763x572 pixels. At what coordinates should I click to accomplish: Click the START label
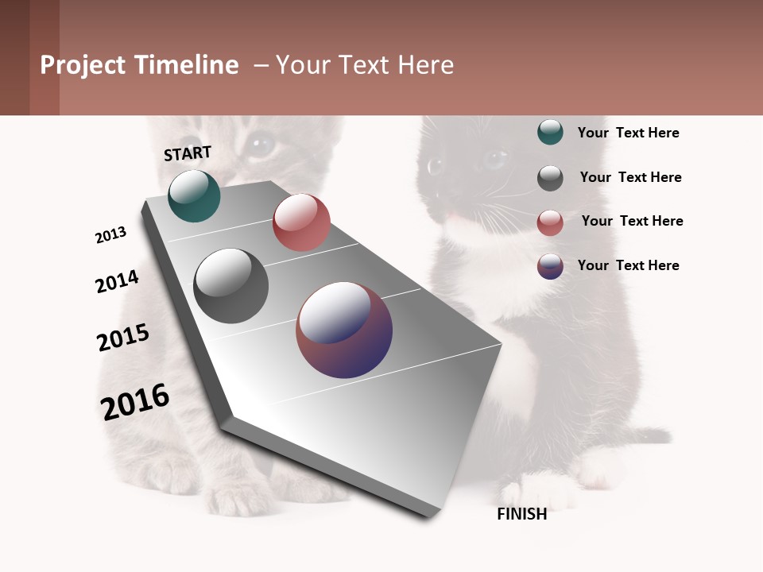188,153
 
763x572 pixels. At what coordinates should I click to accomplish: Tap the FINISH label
521,514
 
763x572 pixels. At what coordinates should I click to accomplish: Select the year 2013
110,235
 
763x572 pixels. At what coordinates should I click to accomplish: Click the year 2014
117,281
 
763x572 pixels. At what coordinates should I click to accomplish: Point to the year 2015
122,338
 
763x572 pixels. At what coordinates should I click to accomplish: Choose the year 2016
135,402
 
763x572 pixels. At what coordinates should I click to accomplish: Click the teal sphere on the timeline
194,196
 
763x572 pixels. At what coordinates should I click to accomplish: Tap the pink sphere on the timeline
301,222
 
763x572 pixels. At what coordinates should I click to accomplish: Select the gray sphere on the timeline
230,286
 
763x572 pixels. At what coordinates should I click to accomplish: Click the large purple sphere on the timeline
344,330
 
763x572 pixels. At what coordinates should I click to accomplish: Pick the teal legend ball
550,132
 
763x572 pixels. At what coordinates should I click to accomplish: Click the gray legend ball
550,178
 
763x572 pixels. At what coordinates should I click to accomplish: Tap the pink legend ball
550,222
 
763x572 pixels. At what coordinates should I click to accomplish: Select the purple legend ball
550,266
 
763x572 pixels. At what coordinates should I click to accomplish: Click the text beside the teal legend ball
628,133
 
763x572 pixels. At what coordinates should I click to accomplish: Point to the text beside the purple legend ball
628,265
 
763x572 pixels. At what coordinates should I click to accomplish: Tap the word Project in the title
83,65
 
